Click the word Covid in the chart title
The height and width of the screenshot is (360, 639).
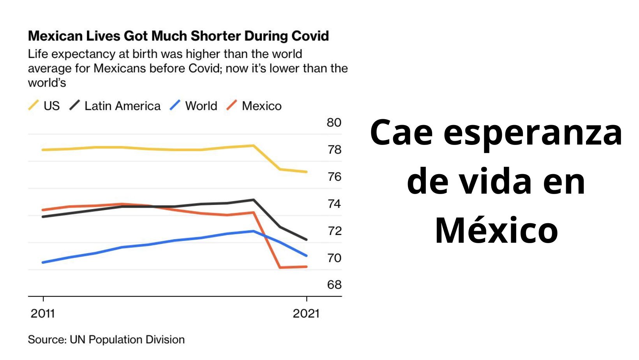[310, 36]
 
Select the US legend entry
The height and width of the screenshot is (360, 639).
[44, 106]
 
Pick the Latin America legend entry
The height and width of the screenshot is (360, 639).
[115, 106]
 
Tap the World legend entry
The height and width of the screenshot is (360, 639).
[194, 106]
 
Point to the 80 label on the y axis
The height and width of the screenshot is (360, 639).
[334, 123]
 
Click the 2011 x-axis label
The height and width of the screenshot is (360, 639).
[43, 314]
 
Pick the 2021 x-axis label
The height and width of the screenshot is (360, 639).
[306, 314]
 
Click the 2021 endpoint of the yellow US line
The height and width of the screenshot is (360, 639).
[306, 172]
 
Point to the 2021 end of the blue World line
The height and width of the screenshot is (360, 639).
[306, 256]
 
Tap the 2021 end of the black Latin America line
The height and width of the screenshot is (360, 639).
[306, 239]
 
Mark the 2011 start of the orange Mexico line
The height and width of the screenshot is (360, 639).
[43, 210]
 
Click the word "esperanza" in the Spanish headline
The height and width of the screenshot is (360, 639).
[533, 132]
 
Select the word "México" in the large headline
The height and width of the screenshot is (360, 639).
[496, 230]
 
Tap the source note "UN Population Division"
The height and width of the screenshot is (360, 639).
[127, 340]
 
